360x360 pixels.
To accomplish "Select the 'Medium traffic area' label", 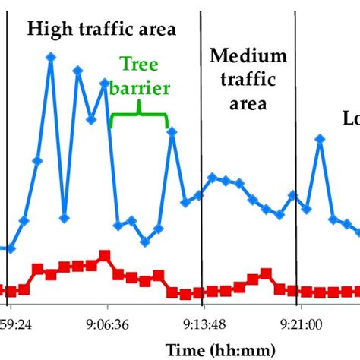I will pyautogui.click(x=248, y=79).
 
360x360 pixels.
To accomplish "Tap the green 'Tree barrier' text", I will pyautogui.click(x=138, y=77).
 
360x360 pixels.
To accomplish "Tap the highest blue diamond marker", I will pyautogui.click(x=51, y=57).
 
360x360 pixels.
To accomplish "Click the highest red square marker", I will pyautogui.click(x=104, y=255).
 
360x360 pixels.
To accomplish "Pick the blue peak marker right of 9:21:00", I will pyautogui.click(x=321, y=138).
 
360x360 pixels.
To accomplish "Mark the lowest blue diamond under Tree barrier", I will pyautogui.click(x=144, y=242).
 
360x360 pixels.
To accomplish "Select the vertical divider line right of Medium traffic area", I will pyautogui.click(x=295, y=152).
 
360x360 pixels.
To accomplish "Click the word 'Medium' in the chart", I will pyautogui.click(x=248, y=55).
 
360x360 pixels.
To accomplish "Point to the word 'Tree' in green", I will pyautogui.click(x=138, y=66).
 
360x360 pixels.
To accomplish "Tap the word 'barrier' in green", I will pyautogui.click(x=138, y=88).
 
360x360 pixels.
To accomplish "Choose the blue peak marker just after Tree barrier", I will pyautogui.click(x=172, y=131).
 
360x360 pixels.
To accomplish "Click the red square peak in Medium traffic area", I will pyautogui.click(x=265, y=273).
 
